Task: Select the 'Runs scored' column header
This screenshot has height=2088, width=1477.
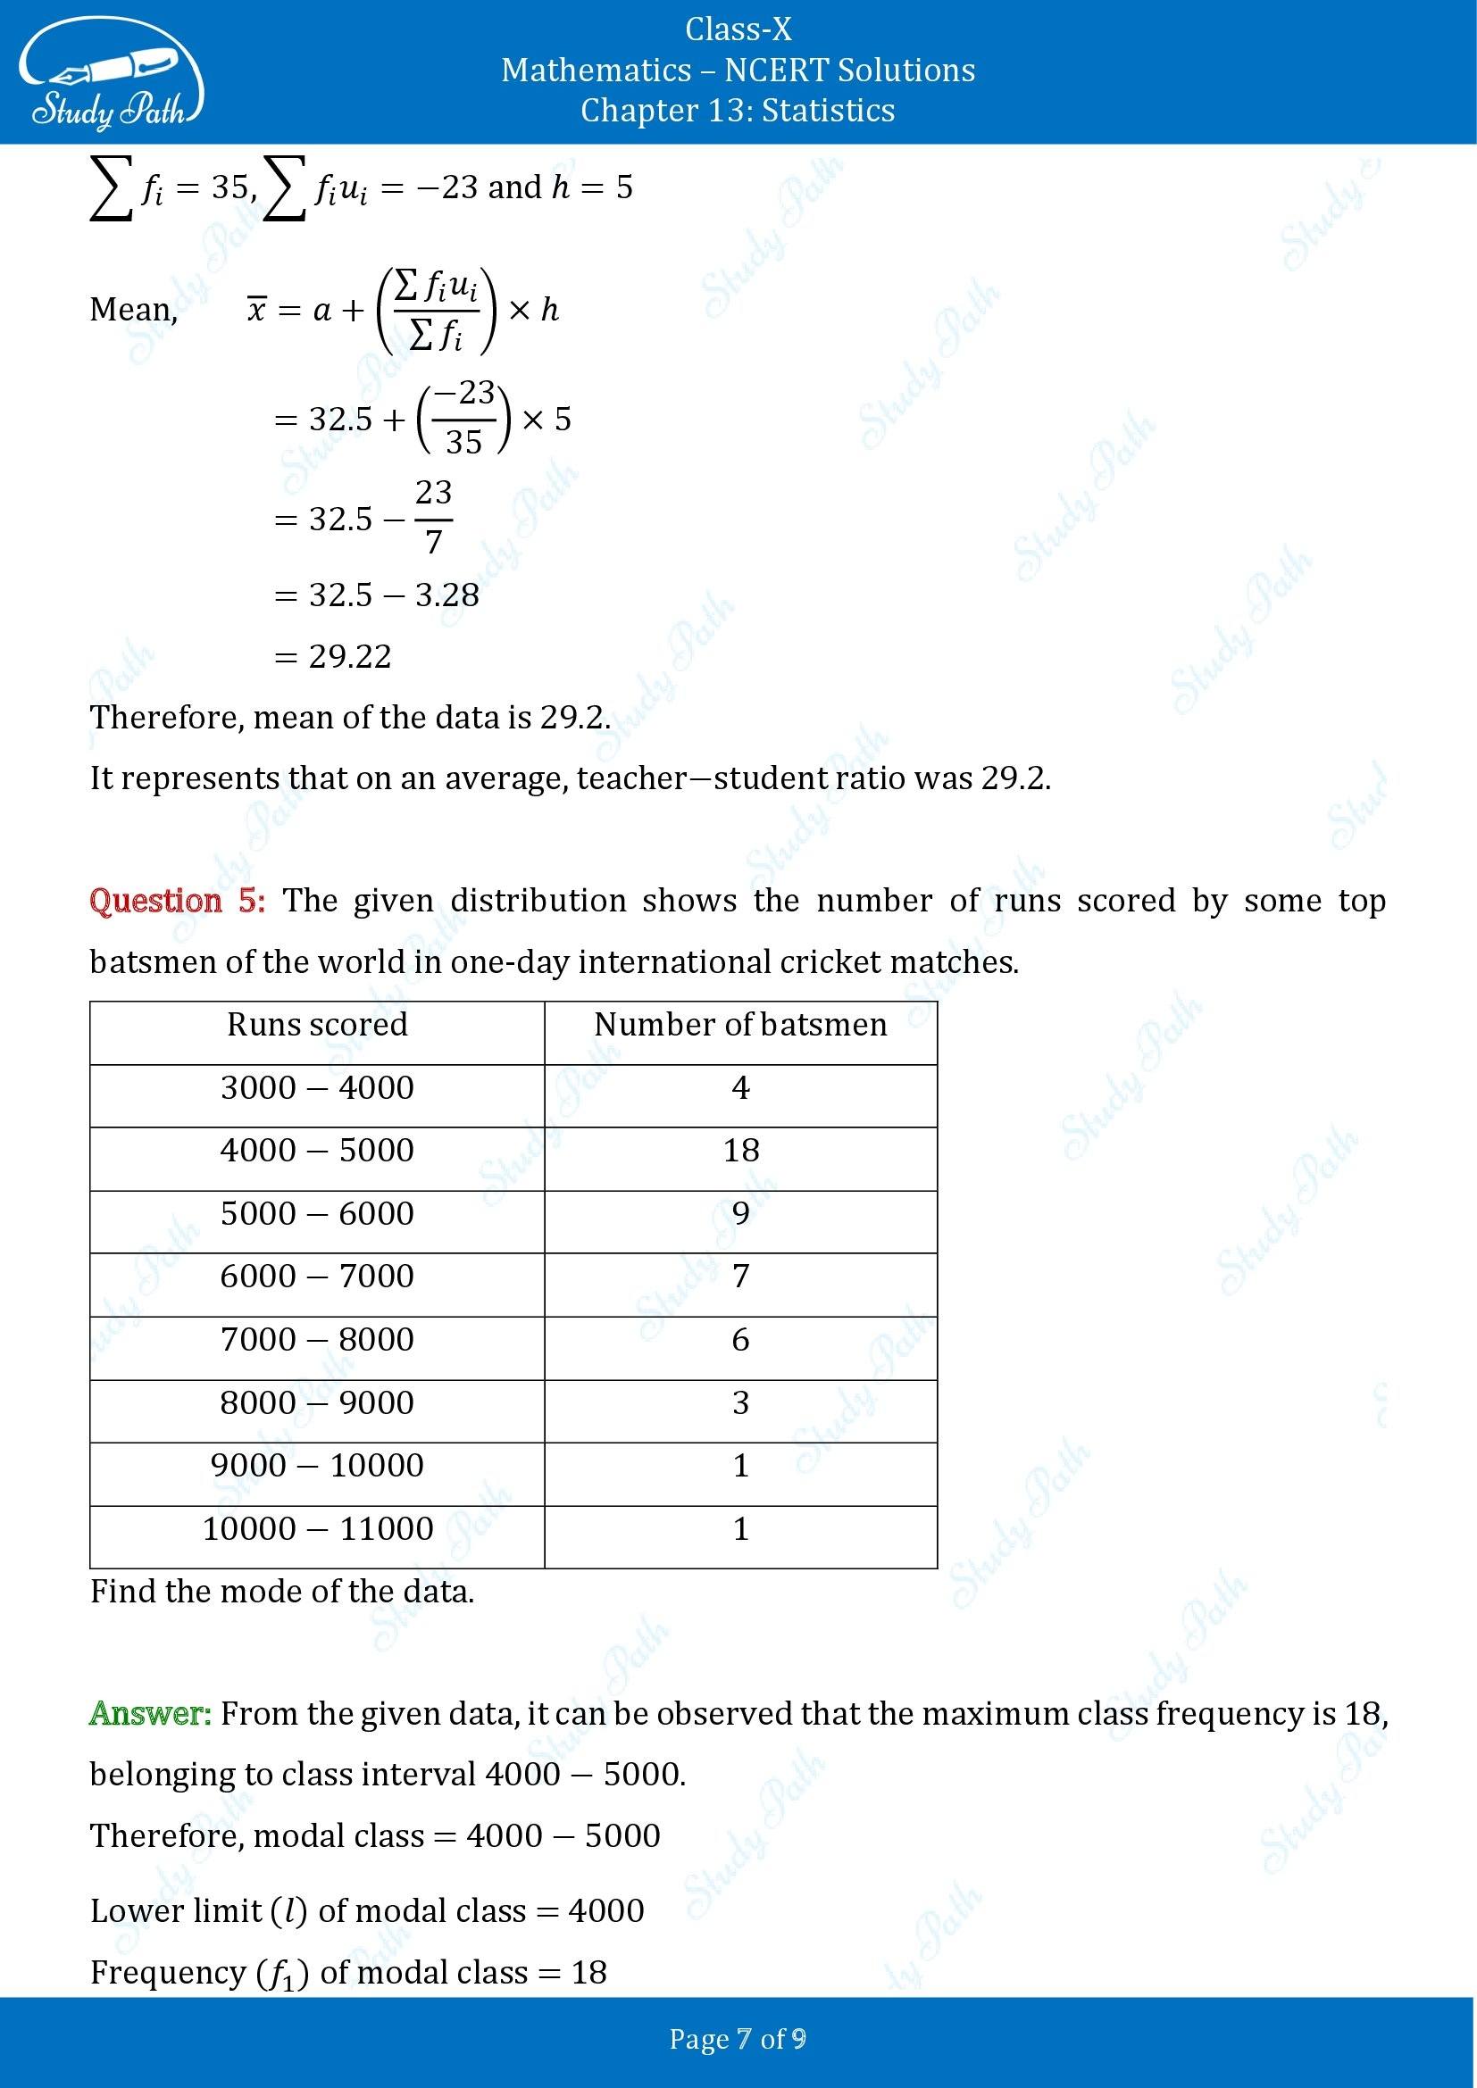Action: tap(316, 1025)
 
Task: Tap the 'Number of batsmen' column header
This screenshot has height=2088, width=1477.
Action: tap(740, 1025)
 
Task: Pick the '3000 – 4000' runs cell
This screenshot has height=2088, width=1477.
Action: tap(316, 1087)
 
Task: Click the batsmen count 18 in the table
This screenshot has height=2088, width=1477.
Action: tap(740, 1151)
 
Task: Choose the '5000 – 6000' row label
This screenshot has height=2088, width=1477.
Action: tap(316, 1213)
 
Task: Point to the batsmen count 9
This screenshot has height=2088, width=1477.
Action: tap(740, 1213)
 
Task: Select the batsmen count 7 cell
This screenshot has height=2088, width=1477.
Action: tap(740, 1276)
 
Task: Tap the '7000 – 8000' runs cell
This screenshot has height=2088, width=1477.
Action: tap(316, 1340)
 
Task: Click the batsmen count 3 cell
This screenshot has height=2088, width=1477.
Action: tap(740, 1402)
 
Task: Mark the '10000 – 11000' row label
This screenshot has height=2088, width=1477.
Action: tap(316, 1528)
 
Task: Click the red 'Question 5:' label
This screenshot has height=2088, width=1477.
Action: tap(178, 902)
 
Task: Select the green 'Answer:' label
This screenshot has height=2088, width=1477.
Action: tap(150, 1714)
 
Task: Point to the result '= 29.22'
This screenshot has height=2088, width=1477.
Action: tap(333, 657)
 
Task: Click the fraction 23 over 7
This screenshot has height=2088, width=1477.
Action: tap(433, 518)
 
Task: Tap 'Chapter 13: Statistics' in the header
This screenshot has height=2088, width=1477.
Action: tap(738, 110)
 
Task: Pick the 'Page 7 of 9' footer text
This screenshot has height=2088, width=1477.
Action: tap(738, 2039)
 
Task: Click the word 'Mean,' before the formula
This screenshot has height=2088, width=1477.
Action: tap(133, 310)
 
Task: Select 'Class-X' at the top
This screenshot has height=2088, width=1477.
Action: tap(738, 30)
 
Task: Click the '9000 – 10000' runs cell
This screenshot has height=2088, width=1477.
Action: tap(316, 1465)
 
